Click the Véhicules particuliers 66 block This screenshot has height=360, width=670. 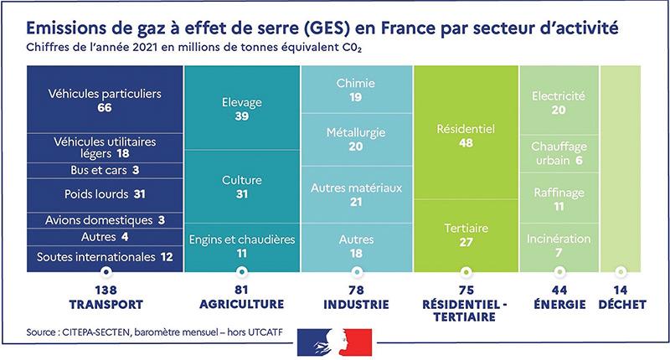tap(105, 100)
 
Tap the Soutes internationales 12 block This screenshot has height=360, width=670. tap(105, 256)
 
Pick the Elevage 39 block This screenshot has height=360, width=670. tap(242, 109)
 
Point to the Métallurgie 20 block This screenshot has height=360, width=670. tap(356, 140)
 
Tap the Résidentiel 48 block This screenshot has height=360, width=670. tap(466, 136)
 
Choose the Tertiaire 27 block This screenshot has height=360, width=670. tap(466, 234)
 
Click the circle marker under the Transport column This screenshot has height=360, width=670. tap(105, 271)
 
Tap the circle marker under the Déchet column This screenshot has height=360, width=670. tap(621, 271)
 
